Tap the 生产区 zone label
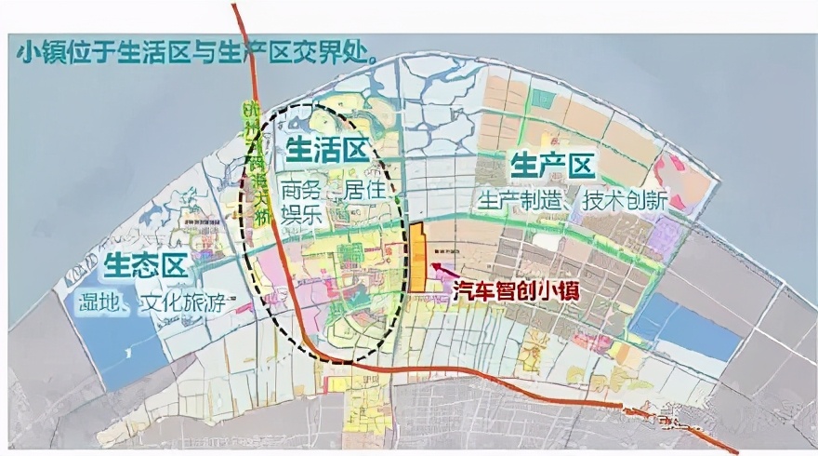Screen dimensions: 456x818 click(552, 167)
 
